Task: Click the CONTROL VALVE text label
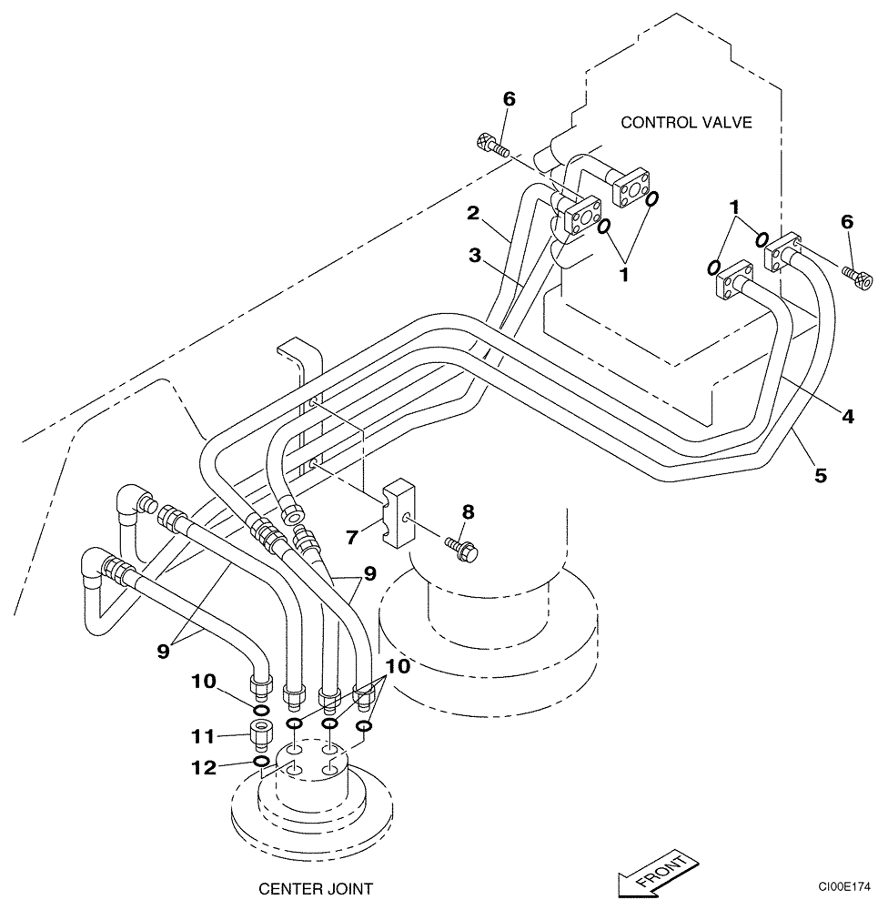[686, 122]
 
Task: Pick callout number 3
[475, 257]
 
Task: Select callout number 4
[848, 417]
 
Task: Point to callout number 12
[203, 767]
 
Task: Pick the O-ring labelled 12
[260, 760]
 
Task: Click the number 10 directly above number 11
[203, 681]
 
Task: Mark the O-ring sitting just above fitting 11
[260, 710]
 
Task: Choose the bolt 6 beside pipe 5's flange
[856, 276]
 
